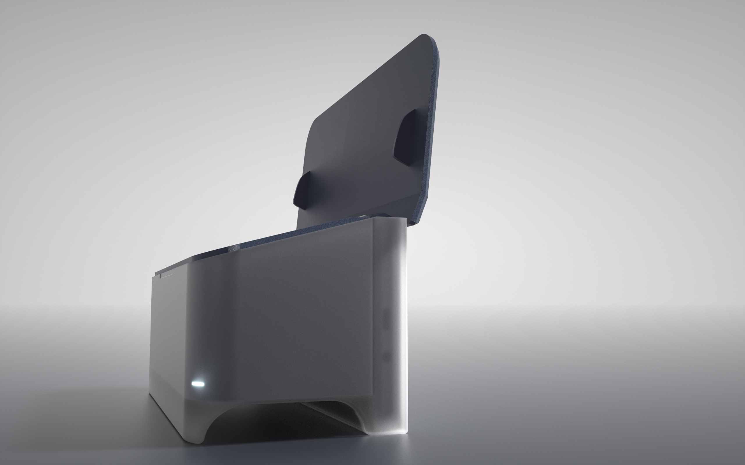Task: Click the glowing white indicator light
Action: coord(198,384)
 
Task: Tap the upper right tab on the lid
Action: coord(404,138)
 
